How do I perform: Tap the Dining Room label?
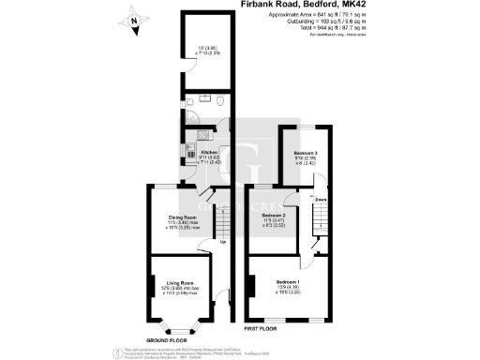(x=181, y=216)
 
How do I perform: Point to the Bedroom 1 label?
(x=288, y=282)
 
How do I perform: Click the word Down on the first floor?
(x=320, y=200)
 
